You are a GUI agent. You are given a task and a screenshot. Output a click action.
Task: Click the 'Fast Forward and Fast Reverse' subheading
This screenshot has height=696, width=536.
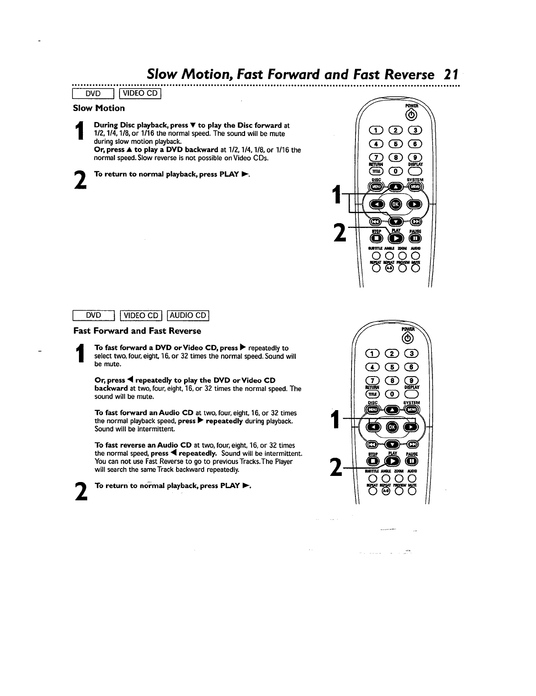tap(137, 331)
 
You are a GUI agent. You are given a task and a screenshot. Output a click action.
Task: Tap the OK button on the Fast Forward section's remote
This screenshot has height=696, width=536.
tap(392, 427)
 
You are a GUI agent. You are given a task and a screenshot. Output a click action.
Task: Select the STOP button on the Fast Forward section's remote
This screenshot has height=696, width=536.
tap(373, 461)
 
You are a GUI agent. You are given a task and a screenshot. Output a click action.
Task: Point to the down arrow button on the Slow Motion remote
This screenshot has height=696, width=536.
tap(396, 221)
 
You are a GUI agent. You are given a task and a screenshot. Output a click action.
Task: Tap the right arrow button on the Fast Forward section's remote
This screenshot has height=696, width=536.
tap(410, 427)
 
